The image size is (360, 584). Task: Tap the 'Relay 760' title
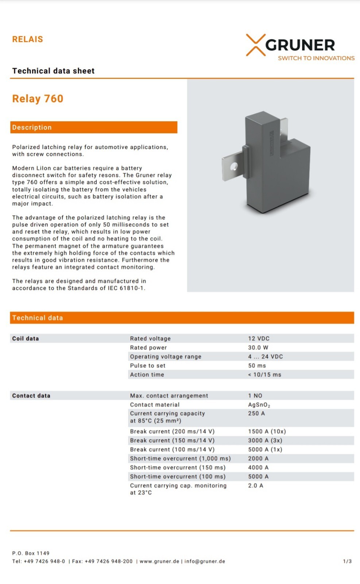(x=38, y=99)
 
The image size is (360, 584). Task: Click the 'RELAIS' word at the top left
(x=28, y=39)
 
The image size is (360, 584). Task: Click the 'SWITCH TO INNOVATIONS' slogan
(x=316, y=58)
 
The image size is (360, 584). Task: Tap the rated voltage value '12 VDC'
(x=259, y=338)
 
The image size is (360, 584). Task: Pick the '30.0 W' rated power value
(x=258, y=347)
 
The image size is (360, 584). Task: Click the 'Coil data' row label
(x=26, y=338)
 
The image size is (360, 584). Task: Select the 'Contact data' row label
(x=31, y=396)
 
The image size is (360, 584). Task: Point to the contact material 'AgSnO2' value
(x=259, y=405)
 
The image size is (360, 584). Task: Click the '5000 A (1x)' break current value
(x=265, y=449)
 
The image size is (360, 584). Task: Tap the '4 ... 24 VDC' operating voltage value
(x=265, y=357)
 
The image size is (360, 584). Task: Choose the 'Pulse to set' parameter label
(x=148, y=365)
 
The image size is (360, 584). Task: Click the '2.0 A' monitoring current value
(x=255, y=485)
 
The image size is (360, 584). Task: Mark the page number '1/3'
(x=347, y=561)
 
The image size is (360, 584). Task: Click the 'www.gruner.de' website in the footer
(x=159, y=561)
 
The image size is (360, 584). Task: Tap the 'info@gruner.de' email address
(x=205, y=561)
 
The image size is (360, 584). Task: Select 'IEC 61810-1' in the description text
(x=126, y=288)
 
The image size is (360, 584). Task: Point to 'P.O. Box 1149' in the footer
(x=31, y=553)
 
